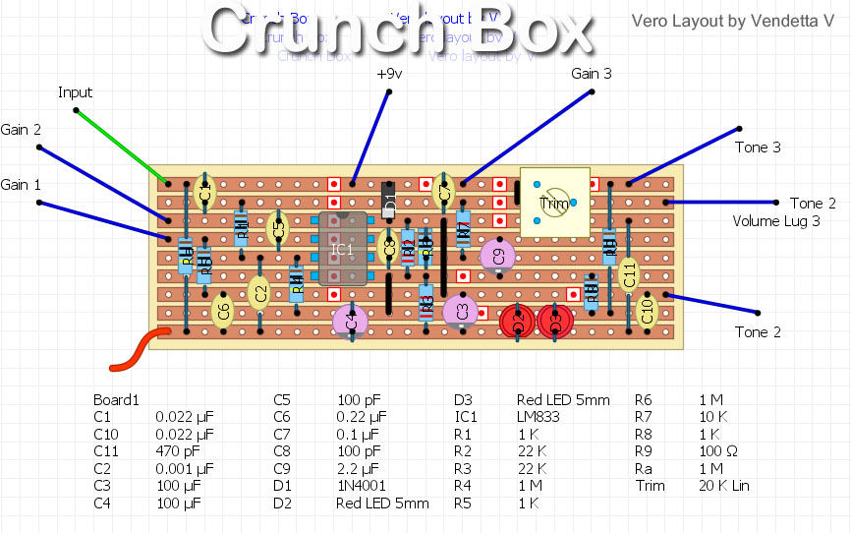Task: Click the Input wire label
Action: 75,92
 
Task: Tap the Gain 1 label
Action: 21,185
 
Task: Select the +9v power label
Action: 389,74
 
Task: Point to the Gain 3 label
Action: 592,74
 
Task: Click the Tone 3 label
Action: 758,148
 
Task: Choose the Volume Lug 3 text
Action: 776,221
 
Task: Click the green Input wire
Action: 113,139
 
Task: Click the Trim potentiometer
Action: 553,203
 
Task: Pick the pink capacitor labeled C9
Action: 498,255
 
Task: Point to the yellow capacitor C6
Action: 223,311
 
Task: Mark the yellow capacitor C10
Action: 647,311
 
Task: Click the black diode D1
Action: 389,204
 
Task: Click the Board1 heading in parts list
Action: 117,400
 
